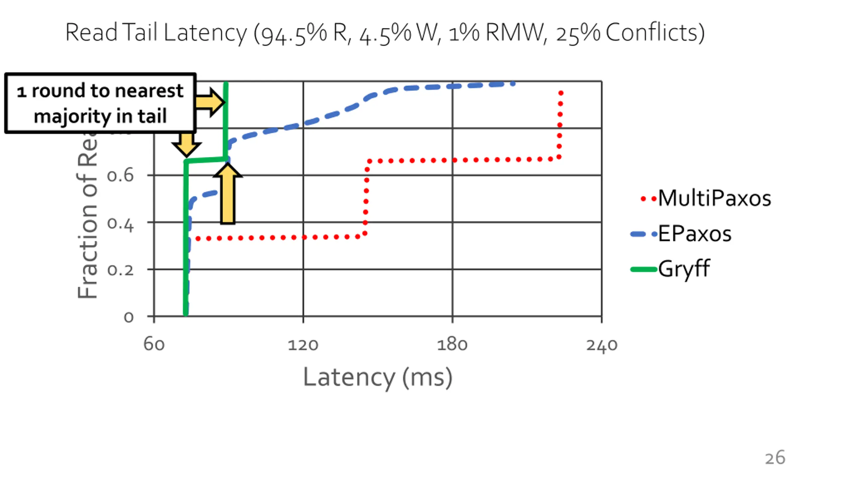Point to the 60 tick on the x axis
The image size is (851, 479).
point(154,345)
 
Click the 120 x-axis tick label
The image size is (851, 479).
point(303,345)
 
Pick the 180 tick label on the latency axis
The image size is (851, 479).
point(452,345)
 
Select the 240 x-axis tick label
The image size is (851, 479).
point(602,345)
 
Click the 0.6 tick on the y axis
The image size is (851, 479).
point(120,176)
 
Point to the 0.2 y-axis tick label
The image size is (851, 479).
point(120,270)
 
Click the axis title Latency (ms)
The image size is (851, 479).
point(378,378)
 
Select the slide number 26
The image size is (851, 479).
point(775,458)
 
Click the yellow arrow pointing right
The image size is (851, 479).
point(209,102)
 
